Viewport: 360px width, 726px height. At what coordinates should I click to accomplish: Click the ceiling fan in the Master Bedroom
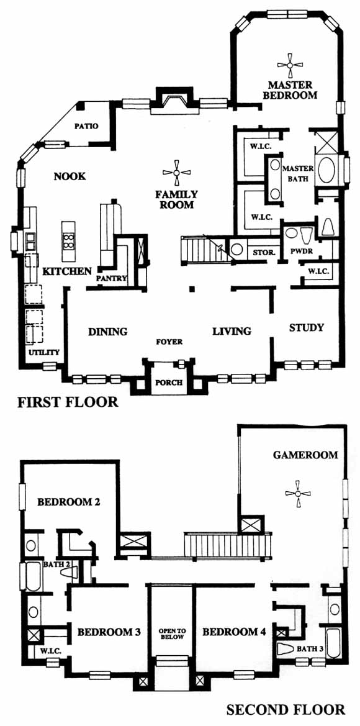click(x=290, y=66)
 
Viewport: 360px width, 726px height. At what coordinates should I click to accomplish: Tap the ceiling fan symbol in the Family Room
click(x=176, y=173)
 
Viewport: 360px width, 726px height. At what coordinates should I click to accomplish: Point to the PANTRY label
click(x=108, y=279)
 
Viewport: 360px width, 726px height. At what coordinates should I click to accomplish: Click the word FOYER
click(x=169, y=342)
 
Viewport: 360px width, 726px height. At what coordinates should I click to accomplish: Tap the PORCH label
click(x=168, y=383)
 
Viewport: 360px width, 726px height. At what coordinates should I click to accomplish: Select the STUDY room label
click(x=307, y=327)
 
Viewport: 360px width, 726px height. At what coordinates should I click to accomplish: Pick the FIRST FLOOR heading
click(x=68, y=402)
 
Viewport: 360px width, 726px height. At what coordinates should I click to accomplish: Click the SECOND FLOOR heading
click(x=286, y=709)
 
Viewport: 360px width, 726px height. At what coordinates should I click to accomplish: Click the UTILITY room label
click(x=45, y=352)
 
